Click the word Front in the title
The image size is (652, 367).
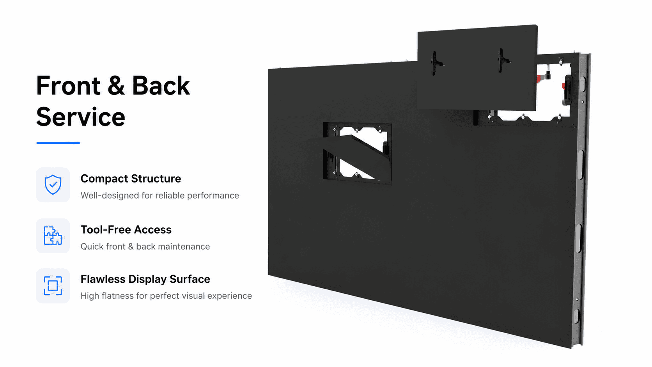pyautogui.click(x=68, y=85)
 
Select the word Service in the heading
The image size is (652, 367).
pyautogui.click(x=81, y=117)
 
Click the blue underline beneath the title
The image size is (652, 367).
pyautogui.click(x=58, y=143)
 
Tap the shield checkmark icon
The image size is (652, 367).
pyautogui.click(x=53, y=184)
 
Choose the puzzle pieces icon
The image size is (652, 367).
pyautogui.click(x=53, y=236)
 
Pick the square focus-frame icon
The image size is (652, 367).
pyautogui.click(x=53, y=285)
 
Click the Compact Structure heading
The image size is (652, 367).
pyautogui.click(x=131, y=178)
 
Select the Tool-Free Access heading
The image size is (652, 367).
pyautogui.click(x=126, y=230)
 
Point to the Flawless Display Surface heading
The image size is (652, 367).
pyautogui.click(x=145, y=279)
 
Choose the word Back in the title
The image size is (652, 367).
pyautogui.click(x=161, y=85)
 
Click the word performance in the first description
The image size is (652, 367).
pyautogui.click(x=213, y=195)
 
